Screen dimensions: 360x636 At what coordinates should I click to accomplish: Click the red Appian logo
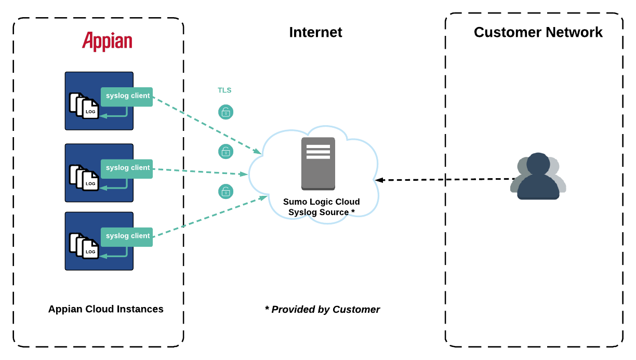tap(107, 41)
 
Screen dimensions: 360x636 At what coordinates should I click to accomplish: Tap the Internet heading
tap(315, 32)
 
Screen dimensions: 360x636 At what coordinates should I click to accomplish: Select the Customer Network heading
tap(538, 32)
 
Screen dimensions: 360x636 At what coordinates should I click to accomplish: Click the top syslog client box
tap(127, 96)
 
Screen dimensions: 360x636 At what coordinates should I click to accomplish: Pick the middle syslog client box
tap(127, 168)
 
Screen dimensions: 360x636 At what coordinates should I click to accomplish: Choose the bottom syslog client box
tap(127, 236)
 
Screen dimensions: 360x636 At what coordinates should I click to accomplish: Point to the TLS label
tap(224, 90)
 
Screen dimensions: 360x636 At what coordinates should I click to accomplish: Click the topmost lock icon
tap(226, 112)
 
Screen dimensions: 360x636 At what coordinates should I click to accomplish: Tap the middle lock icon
tap(226, 152)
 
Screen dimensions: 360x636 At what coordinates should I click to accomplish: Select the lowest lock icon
tap(226, 192)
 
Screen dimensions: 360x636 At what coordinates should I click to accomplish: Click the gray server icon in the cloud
tap(318, 163)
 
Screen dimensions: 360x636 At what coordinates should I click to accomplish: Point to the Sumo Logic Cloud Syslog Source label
tap(321, 207)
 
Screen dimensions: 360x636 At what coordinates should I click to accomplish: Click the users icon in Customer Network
tap(538, 176)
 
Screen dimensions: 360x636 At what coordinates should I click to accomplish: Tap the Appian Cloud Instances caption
tap(105, 309)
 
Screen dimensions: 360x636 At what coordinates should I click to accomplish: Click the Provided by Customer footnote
tap(322, 310)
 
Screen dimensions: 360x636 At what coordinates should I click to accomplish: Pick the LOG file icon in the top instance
tap(84, 106)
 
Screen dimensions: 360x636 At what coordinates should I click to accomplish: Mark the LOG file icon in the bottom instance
tap(84, 246)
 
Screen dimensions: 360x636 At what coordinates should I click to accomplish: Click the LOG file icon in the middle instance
tap(84, 178)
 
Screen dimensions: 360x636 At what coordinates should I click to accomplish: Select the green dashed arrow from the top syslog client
tap(208, 125)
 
